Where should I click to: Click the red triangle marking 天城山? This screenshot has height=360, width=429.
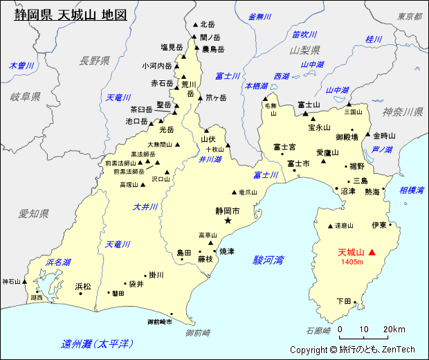(372, 253)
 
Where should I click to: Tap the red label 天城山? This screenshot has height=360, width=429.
(351, 253)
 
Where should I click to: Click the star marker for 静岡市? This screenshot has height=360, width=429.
(228, 221)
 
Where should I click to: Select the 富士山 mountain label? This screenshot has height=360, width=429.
(308, 105)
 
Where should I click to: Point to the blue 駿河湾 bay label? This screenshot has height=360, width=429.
(268, 260)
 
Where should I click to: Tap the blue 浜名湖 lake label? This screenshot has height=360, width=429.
(57, 262)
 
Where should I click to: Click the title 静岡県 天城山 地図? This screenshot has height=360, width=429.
(71, 15)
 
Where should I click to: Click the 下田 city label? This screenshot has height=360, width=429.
(344, 301)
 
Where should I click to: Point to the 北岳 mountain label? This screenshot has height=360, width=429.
(208, 24)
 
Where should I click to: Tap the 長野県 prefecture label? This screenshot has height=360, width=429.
(95, 61)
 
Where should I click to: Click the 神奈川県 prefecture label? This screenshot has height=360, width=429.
(403, 111)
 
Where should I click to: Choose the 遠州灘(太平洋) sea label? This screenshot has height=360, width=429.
(98, 344)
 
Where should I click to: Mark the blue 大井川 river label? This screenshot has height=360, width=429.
(145, 206)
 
